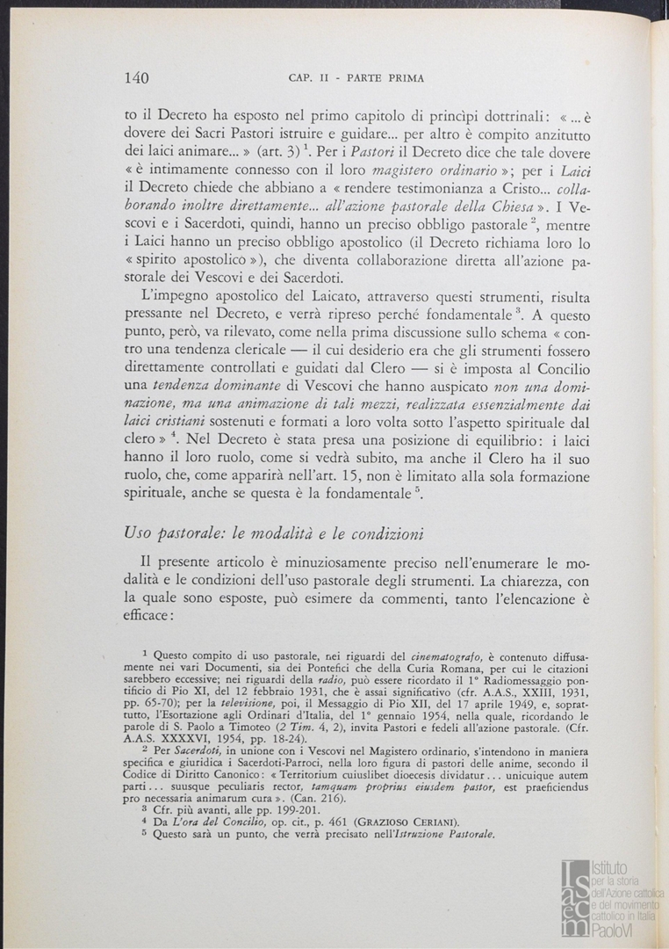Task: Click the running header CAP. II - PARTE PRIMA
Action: coord(356,78)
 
